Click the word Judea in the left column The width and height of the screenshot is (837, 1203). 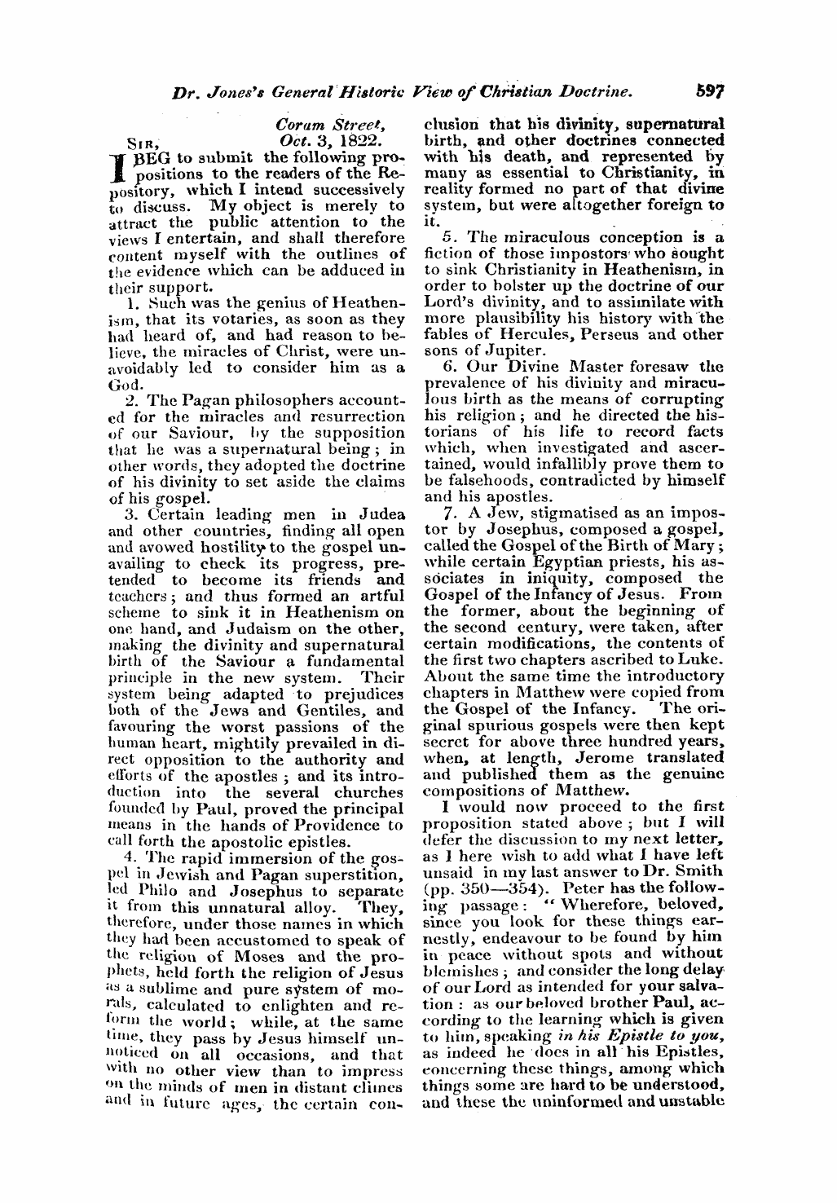tap(379, 514)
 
